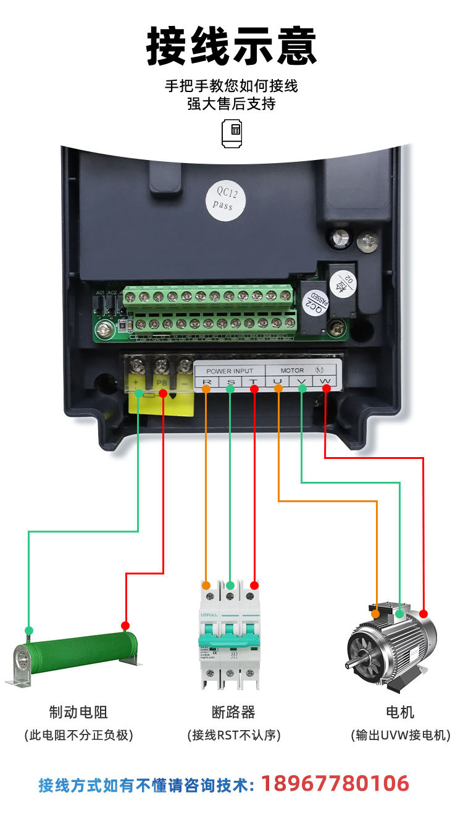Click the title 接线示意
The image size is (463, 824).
(231, 46)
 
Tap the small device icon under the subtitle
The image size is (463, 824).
(231, 132)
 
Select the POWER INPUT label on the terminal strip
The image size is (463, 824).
(230, 371)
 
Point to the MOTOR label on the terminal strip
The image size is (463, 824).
(292, 371)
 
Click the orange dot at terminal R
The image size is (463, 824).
(206, 389)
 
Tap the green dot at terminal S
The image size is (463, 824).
(230, 389)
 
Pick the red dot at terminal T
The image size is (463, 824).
(254, 389)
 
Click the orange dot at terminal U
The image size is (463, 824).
(278, 389)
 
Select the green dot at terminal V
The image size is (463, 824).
(302, 389)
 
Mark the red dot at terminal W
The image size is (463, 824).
(325, 389)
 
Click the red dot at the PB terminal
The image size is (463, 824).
(163, 393)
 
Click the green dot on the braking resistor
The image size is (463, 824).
(28, 630)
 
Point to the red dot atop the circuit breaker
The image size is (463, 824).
(254, 585)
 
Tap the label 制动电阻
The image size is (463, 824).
(78, 712)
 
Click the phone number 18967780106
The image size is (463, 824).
(335, 784)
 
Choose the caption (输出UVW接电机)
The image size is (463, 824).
(400, 735)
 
